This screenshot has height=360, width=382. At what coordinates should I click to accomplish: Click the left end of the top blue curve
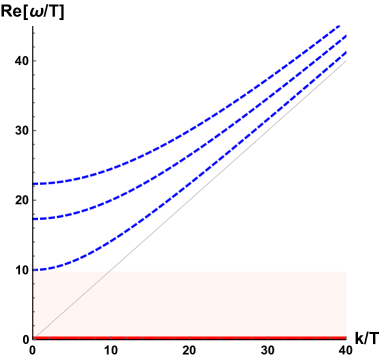point(34,184)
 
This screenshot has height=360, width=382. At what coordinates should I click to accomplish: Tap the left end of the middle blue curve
point(34,218)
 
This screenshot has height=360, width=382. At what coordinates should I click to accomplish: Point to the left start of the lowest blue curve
point(34,270)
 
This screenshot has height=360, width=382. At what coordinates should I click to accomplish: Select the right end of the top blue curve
point(340,26)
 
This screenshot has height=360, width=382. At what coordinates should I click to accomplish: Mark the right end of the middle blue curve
point(346,37)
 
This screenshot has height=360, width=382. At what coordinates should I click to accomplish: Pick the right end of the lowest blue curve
point(346,52)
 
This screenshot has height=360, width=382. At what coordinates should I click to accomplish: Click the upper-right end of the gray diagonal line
point(346,61)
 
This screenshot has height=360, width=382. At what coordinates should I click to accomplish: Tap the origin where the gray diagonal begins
point(34,337)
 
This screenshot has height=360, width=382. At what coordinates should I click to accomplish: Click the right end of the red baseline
point(346,338)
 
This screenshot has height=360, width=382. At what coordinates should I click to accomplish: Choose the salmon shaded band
point(220,304)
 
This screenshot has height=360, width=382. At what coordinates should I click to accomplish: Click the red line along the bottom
point(190,338)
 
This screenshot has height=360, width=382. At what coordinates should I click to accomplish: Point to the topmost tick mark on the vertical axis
point(34,33)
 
